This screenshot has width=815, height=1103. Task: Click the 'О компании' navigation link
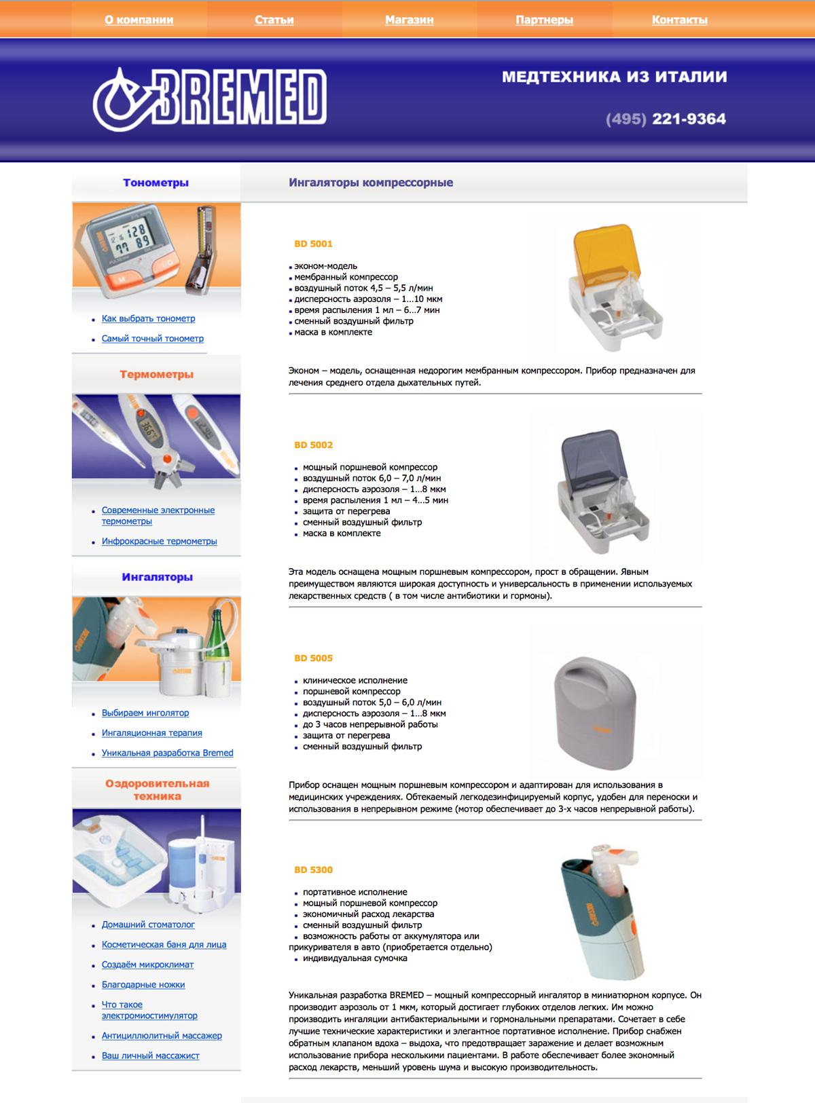139,20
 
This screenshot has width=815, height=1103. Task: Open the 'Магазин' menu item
409,20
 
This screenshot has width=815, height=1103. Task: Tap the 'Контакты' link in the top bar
680,20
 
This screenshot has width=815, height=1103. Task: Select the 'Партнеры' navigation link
544,20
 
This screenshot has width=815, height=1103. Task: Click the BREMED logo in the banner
209,99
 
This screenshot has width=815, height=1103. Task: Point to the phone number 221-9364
689,119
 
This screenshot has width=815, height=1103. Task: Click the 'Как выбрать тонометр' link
148,318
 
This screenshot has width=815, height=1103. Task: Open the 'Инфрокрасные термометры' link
159,541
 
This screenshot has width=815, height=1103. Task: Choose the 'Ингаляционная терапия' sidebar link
151,732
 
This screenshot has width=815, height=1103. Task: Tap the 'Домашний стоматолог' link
148,924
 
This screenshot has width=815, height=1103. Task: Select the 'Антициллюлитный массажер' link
162,1035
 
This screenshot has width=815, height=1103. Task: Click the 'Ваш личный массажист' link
150,1055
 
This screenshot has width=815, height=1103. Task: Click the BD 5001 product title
314,244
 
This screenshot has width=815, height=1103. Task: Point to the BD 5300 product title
314,870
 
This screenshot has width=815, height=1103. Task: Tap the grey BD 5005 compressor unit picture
594,713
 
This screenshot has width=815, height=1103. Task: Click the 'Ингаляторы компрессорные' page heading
371,183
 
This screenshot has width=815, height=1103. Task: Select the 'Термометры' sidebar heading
156,374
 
